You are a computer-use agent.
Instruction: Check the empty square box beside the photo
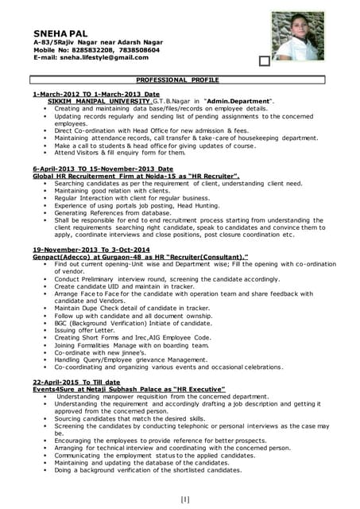tap(265, 60)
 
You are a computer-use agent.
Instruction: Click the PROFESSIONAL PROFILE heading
tap(178, 80)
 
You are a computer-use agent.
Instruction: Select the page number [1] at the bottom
tap(185, 499)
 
